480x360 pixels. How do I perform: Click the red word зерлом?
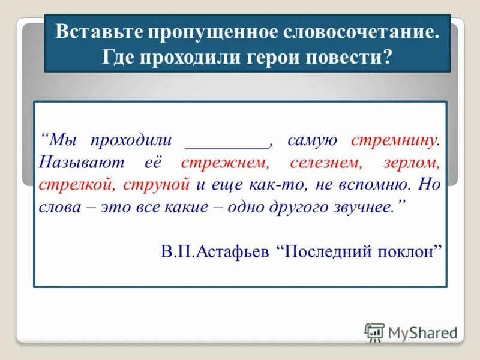(413, 163)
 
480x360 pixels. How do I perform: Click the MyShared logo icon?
(374, 332)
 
